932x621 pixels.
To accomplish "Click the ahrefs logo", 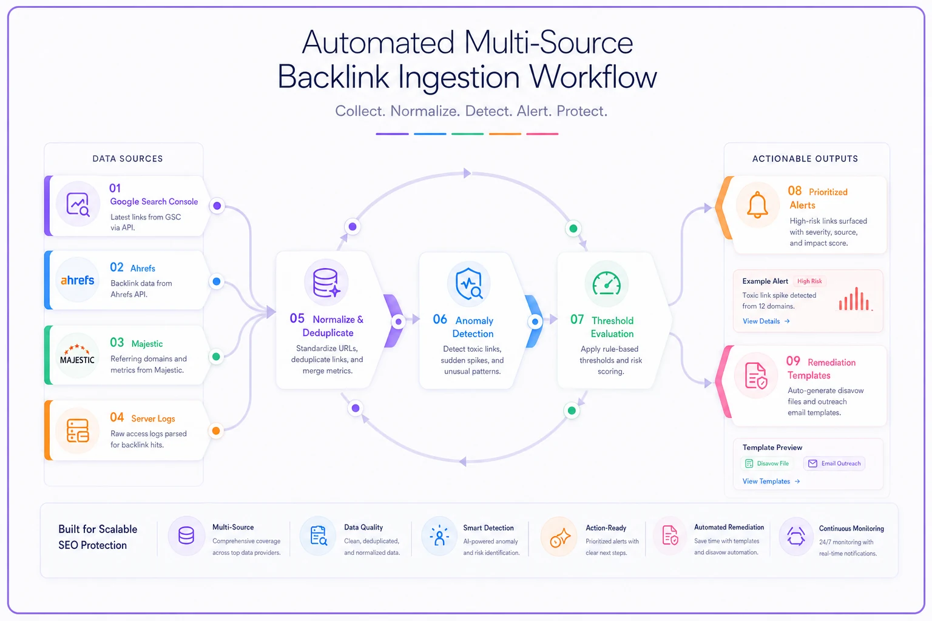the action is pyautogui.click(x=78, y=280).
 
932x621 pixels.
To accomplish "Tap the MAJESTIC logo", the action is pyautogui.click(x=78, y=355).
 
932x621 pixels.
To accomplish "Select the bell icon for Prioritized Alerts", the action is pyautogui.click(x=757, y=205).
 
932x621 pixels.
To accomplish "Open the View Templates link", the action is pyautogui.click(x=771, y=482).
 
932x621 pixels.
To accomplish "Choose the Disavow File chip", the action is pyautogui.click(x=767, y=463).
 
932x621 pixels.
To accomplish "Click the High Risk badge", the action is pyautogui.click(x=809, y=281).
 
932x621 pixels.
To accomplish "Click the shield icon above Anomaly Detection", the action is pyautogui.click(x=469, y=284).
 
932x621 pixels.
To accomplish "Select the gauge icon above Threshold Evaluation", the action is pyautogui.click(x=607, y=284).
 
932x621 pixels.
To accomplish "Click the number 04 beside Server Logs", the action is pyautogui.click(x=117, y=417).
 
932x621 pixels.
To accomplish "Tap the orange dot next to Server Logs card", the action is pyautogui.click(x=216, y=431).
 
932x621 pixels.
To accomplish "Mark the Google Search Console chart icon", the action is pyautogui.click(x=78, y=204).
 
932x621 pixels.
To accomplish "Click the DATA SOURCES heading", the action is pyautogui.click(x=128, y=158).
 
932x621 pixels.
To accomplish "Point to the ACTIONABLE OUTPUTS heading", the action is pyautogui.click(x=805, y=158).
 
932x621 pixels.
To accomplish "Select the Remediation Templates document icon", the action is pyautogui.click(x=755, y=375).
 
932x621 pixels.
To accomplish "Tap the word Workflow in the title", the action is pyautogui.click(x=593, y=77).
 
